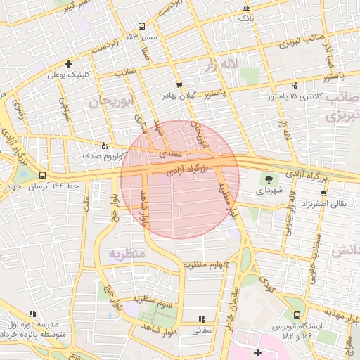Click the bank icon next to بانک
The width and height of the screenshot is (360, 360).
pyautogui.click(x=245, y=8)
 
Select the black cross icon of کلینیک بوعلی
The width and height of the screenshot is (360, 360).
pyautogui.click(x=68, y=64)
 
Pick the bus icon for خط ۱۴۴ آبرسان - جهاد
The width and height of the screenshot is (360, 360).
pyautogui.click(x=44, y=175)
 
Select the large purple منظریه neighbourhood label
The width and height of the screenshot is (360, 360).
pyautogui.click(x=126, y=252)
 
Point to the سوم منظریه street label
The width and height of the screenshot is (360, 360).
pyautogui.click(x=155, y=302)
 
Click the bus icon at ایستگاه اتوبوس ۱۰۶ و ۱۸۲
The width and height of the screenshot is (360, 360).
pyautogui.click(x=297, y=316)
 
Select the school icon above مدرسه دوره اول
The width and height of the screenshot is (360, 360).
pyautogui.click(x=32, y=314)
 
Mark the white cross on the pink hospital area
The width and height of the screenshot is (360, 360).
pyautogui.click(x=257, y=352)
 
